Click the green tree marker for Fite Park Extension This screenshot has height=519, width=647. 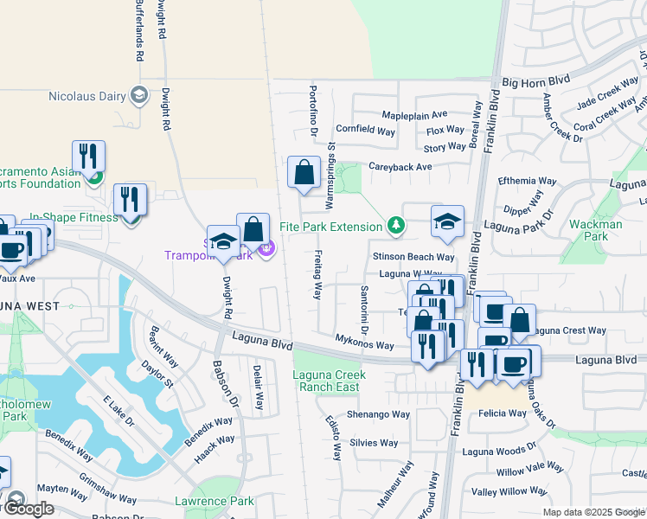pyautogui.click(x=396, y=226)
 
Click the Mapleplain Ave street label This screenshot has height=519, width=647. pyautogui.click(x=414, y=114)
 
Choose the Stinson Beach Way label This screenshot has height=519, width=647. pyautogui.click(x=413, y=257)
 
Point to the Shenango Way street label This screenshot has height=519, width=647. pyautogui.click(x=378, y=414)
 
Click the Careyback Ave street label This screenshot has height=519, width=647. pyautogui.click(x=400, y=166)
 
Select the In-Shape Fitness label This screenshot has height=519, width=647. pyautogui.click(x=73, y=217)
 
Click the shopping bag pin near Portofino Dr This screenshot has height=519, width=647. pyautogui.click(x=304, y=172)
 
